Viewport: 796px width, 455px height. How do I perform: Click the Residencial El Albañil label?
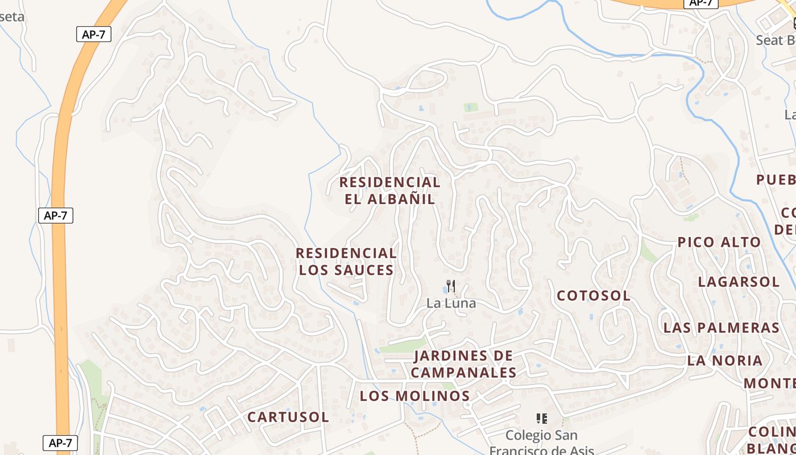point(389,191)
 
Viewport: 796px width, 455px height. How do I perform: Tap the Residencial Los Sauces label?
point(346,262)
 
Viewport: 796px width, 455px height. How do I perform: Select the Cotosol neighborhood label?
point(593,296)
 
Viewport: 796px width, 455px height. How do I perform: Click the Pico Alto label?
point(719,242)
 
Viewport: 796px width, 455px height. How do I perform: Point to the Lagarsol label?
point(738,282)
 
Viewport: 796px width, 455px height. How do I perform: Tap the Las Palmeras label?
point(721,328)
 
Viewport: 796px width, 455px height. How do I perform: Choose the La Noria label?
point(724,361)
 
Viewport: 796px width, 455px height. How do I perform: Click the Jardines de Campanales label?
point(463,365)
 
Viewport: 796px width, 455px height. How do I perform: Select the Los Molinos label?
point(414,396)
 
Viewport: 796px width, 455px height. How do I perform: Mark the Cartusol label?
point(288,417)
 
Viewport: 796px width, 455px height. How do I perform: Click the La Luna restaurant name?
point(451,303)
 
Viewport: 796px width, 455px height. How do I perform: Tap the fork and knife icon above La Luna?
point(450,286)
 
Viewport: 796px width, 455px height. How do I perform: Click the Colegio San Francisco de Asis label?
point(541,442)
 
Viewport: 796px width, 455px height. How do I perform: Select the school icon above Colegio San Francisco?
point(541,419)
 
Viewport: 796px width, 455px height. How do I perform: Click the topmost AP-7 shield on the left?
point(93,34)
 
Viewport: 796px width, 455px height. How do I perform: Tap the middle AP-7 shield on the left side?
point(55,216)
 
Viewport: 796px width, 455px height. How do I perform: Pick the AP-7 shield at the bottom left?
point(60,443)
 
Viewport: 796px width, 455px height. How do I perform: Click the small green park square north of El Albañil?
point(470,107)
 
